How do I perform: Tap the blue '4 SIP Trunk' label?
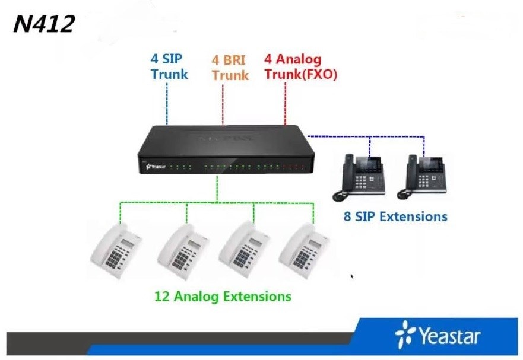pyautogui.click(x=169, y=67)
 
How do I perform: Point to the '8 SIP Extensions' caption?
pyautogui.click(x=395, y=216)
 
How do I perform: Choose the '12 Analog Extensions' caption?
pyautogui.click(x=223, y=295)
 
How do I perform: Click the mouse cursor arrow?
pyautogui.click(x=351, y=276)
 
